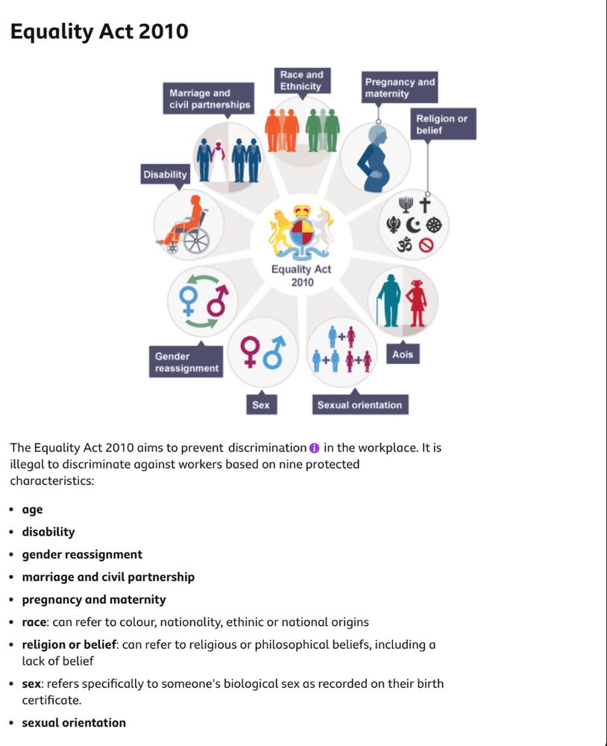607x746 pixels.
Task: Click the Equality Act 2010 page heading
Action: (98, 31)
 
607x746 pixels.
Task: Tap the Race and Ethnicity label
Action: (301, 81)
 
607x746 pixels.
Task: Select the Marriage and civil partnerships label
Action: (210, 98)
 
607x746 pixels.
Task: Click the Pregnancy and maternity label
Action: (399, 87)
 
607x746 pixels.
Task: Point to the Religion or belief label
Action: (442, 124)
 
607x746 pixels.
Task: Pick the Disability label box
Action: (165, 175)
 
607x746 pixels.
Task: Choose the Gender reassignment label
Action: (186, 362)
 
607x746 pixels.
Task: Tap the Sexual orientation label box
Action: (359, 405)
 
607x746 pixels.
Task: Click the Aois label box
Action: (403, 354)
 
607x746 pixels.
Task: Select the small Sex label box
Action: (261, 405)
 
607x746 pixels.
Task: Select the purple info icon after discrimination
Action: (314, 448)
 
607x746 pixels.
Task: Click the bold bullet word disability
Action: (48, 532)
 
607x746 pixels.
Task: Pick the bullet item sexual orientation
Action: (74, 722)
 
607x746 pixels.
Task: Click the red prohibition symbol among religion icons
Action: (426, 245)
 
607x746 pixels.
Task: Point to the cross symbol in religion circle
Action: (425, 204)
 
